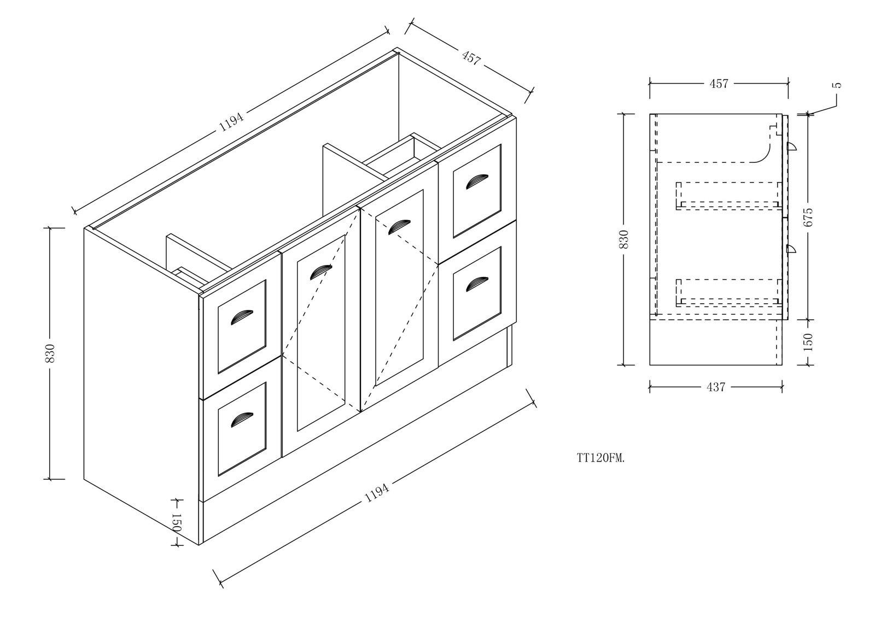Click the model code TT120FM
pos(601,458)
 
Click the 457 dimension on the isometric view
pos(471,57)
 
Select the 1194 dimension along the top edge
pos(231,121)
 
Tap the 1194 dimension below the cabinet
pos(377,493)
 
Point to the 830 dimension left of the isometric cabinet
pos(50,354)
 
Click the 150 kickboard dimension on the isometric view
pos(176,522)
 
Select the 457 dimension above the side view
pos(719,84)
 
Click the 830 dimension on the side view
pos(624,239)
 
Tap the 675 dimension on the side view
pos(808,217)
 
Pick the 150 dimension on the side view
pos(808,342)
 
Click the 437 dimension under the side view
pos(716,387)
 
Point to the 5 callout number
pos(837,85)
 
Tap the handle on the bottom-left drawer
pos(242,419)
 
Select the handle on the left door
pos(320,272)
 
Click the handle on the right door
pos(399,227)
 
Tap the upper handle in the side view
pos(791,148)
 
